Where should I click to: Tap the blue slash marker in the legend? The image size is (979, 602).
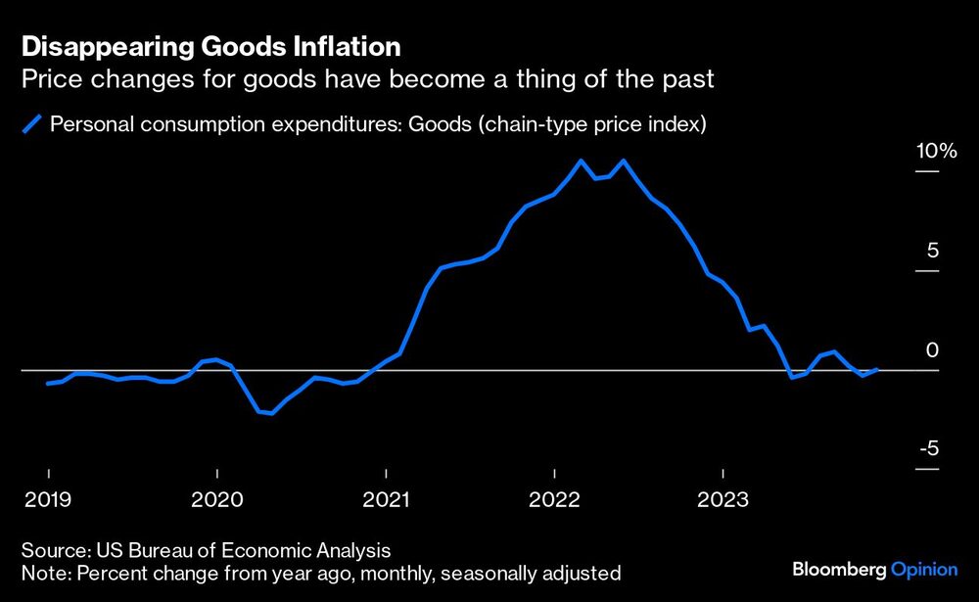(32, 124)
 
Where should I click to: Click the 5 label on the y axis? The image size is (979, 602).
(932, 251)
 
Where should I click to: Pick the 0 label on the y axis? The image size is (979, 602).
(932, 350)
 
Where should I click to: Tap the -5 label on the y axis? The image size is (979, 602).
(929, 449)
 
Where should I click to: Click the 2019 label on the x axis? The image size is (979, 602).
(48, 499)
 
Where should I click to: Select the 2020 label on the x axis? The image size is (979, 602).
(216, 499)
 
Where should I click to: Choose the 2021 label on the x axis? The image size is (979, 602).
(386, 499)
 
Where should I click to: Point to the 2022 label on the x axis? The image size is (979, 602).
(554, 499)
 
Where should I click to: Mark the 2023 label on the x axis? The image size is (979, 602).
(723, 499)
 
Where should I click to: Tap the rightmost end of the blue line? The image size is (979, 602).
(877, 369)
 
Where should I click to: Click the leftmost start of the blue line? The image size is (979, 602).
(48, 384)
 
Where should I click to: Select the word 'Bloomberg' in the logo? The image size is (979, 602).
(839, 569)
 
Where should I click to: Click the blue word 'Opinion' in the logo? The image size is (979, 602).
(926, 569)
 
